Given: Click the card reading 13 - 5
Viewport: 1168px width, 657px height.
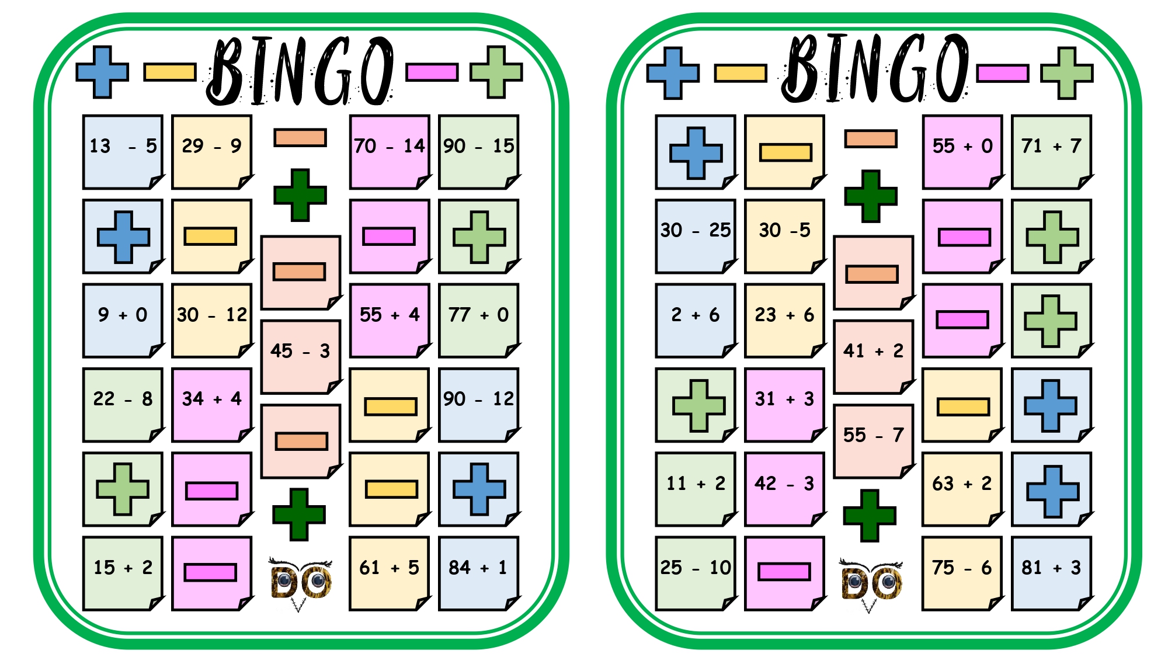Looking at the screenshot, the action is [x=123, y=152].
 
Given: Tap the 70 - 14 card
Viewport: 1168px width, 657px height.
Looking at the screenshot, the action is [x=390, y=152].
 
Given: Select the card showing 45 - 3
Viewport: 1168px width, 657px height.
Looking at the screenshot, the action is [x=301, y=357].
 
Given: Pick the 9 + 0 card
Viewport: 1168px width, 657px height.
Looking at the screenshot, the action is [x=123, y=321].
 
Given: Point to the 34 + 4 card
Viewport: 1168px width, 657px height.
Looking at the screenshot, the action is [x=212, y=405].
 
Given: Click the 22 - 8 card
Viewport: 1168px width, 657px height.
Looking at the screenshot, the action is [x=123, y=405].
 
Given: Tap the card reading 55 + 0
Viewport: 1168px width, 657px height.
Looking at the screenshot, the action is [x=962, y=152].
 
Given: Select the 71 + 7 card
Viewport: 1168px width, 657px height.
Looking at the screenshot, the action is [x=1052, y=152].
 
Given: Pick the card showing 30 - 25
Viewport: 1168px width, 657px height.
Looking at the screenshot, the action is [x=696, y=236].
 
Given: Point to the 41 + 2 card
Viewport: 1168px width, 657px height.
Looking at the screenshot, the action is [x=874, y=357].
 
